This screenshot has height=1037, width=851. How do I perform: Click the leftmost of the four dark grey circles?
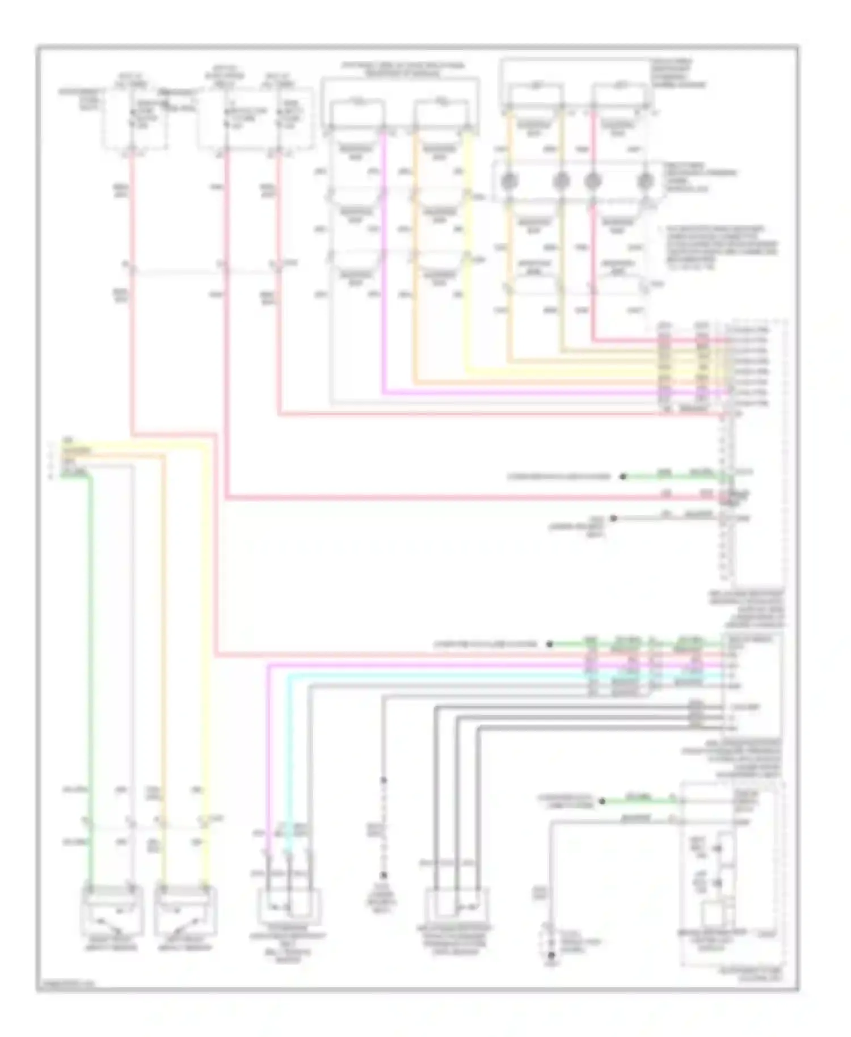point(509,181)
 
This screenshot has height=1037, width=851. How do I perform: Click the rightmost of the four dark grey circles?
point(644,181)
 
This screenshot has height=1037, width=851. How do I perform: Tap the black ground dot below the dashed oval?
point(550,956)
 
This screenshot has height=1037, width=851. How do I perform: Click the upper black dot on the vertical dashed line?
point(384,781)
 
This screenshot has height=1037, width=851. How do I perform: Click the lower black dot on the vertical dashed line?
point(384,875)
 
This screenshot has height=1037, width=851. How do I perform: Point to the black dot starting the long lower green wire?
point(549,644)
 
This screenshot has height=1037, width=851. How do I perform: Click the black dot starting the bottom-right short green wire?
point(602,801)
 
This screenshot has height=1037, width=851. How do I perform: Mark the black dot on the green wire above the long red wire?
point(622,477)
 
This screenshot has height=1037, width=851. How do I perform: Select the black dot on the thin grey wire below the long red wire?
point(613,518)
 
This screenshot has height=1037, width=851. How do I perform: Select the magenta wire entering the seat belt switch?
point(268,794)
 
